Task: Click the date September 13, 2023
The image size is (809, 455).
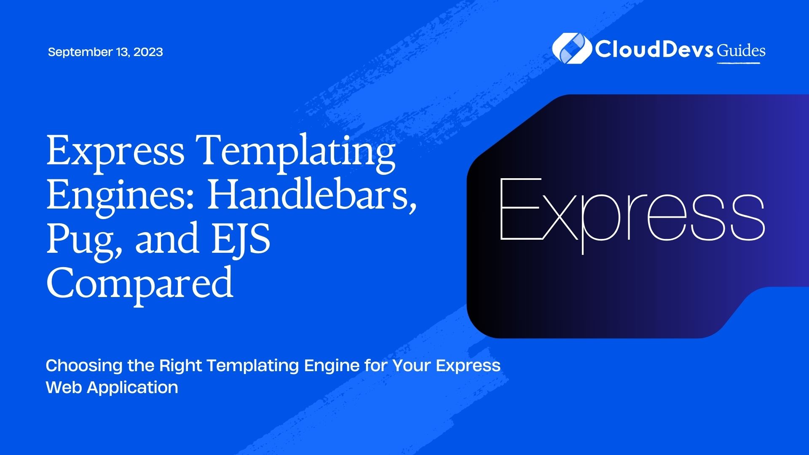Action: [x=105, y=52]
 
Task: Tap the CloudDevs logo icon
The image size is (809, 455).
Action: [x=571, y=48]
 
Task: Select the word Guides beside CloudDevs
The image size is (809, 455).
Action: [x=741, y=51]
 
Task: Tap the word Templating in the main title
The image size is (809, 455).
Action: [x=297, y=152]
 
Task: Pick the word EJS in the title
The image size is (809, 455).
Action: [x=240, y=238]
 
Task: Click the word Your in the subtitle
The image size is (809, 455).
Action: [x=411, y=365]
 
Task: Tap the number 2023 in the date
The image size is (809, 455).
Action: [x=148, y=52]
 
